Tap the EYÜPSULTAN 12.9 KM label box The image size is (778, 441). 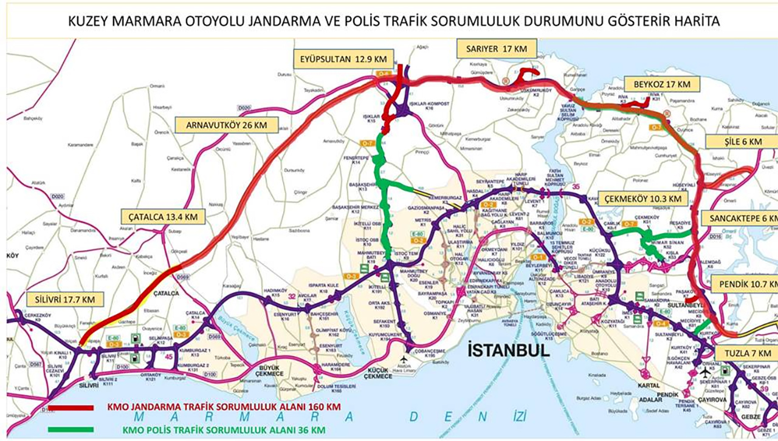pos(343,59)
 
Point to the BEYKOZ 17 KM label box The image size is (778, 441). pos(661,84)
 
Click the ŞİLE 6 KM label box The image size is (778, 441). pos(742,142)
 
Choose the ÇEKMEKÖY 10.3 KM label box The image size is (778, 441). pos(642,199)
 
